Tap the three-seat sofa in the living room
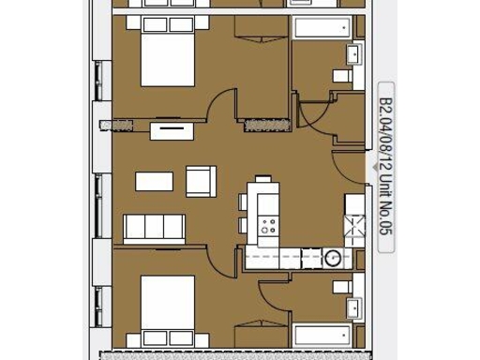pyautogui.click(x=155, y=227)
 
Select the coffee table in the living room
pyautogui.click(x=154, y=181)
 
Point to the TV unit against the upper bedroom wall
pyautogui.click(x=169, y=130)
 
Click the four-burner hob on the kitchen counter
pyautogui.click(x=269, y=225)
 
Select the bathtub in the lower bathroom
pyautogui.click(x=323, y=336)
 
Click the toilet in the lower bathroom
pyautogui.click(x=342, y=285)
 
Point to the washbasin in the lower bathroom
pyautogui.click(x=354, y=307)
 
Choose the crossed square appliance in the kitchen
pyautogui.click(x=353, y=223)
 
